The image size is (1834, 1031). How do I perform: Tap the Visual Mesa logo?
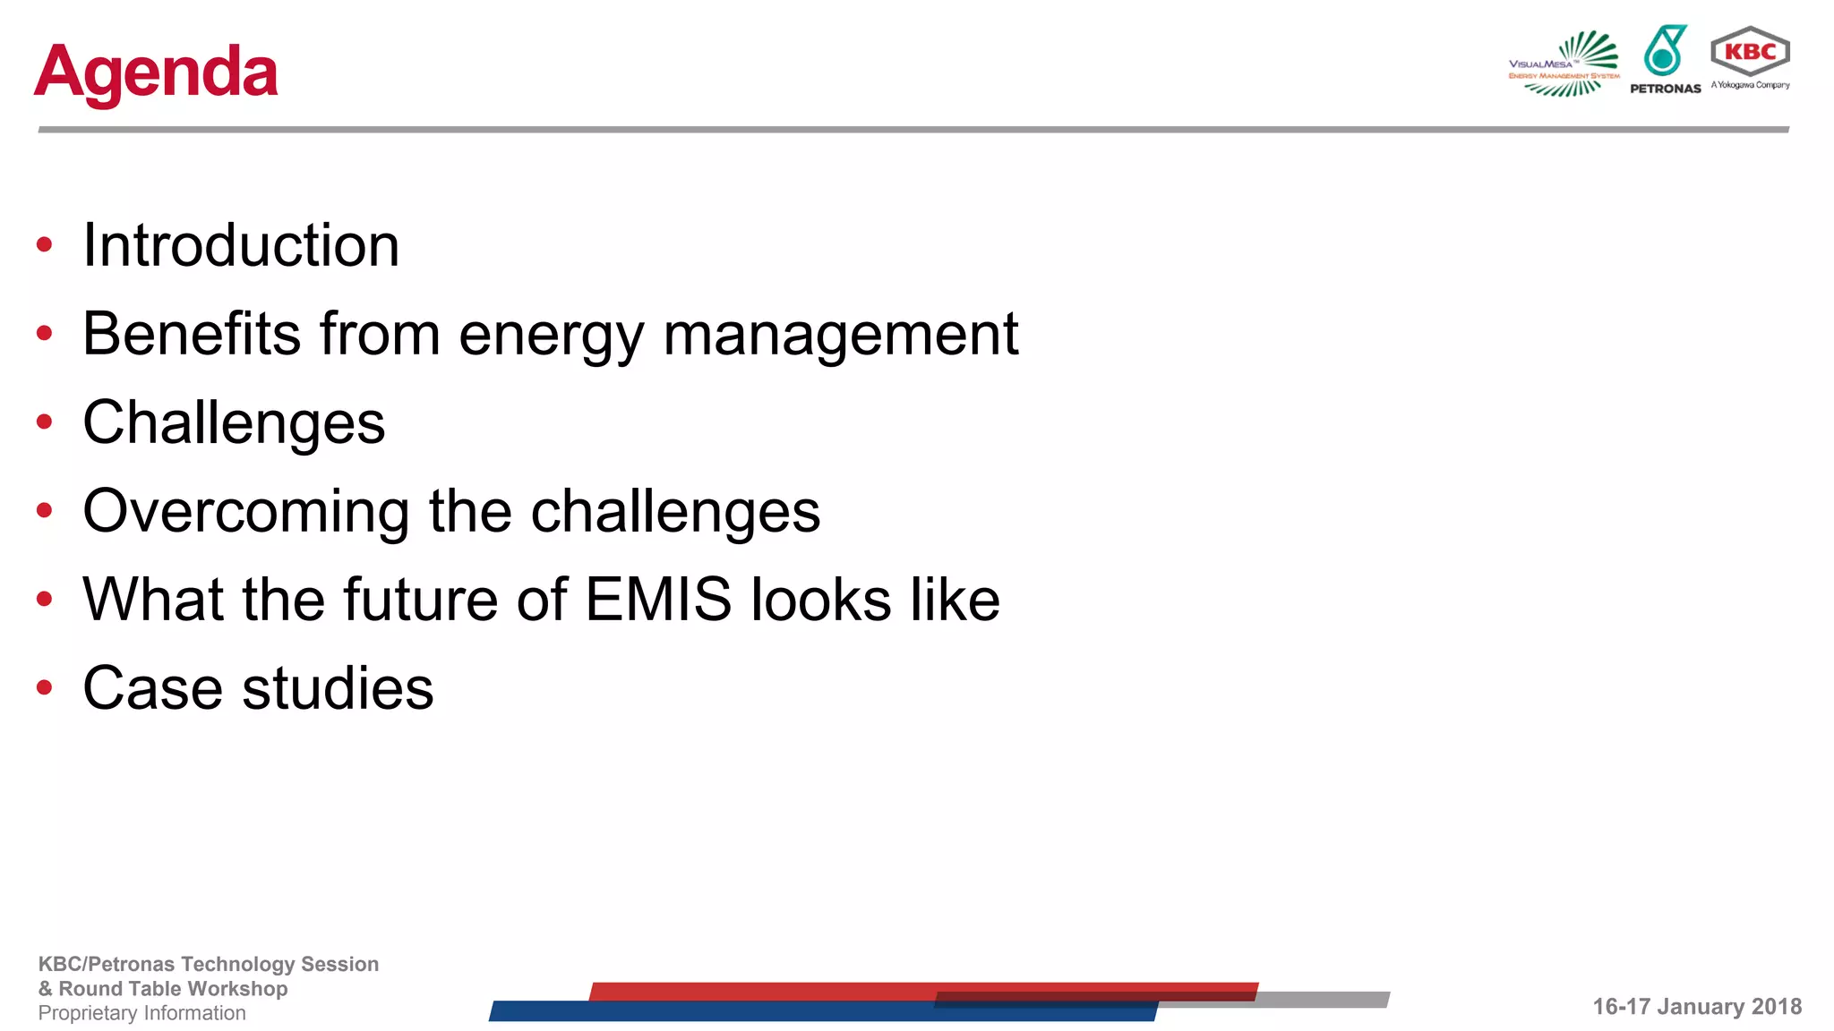coord(1565,63)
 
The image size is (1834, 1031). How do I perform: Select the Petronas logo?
coord(1665,59)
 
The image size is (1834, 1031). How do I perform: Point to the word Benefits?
coord(192,333)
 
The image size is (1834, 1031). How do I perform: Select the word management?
coord(840,335)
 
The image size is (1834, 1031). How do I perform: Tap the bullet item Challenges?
coord(234,422)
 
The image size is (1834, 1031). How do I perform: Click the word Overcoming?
coord(245,511)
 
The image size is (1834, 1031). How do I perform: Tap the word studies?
coord(338,687)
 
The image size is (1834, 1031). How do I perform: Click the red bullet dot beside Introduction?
coord(45,244)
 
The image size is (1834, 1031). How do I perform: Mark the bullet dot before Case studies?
coord(45,687)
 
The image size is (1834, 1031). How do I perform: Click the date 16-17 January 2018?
coord(1696,1007)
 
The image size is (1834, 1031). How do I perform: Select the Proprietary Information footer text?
coord(141,1013)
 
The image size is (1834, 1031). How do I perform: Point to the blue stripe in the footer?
coord(716,1011)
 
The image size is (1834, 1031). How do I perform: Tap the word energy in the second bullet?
coord(551,335)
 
